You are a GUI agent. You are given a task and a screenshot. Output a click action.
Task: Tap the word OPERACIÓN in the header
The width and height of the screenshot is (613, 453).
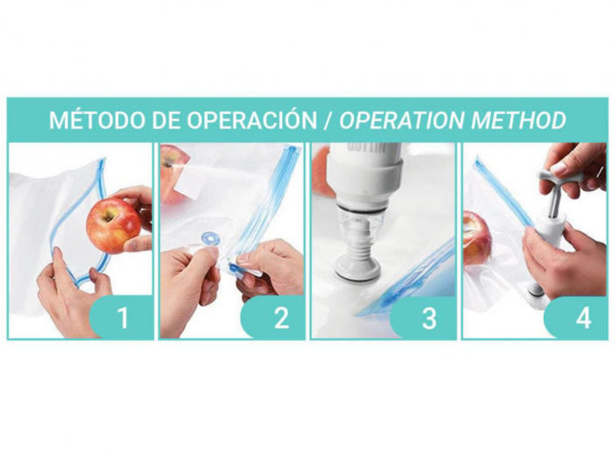point(251,119)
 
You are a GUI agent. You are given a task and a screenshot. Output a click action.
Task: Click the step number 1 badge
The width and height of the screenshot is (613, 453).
point(122,317)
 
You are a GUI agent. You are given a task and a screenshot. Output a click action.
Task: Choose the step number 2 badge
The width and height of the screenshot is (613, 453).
point(278,317)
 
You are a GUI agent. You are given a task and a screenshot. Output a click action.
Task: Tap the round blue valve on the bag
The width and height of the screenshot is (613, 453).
point(210,237)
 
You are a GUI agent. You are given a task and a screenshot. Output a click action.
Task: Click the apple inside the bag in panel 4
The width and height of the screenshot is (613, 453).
point(477,237)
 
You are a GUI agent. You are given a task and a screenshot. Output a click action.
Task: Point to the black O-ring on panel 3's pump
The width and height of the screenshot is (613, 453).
point(362,210)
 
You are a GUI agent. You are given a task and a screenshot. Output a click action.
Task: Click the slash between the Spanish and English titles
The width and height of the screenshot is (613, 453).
point(328,120)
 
